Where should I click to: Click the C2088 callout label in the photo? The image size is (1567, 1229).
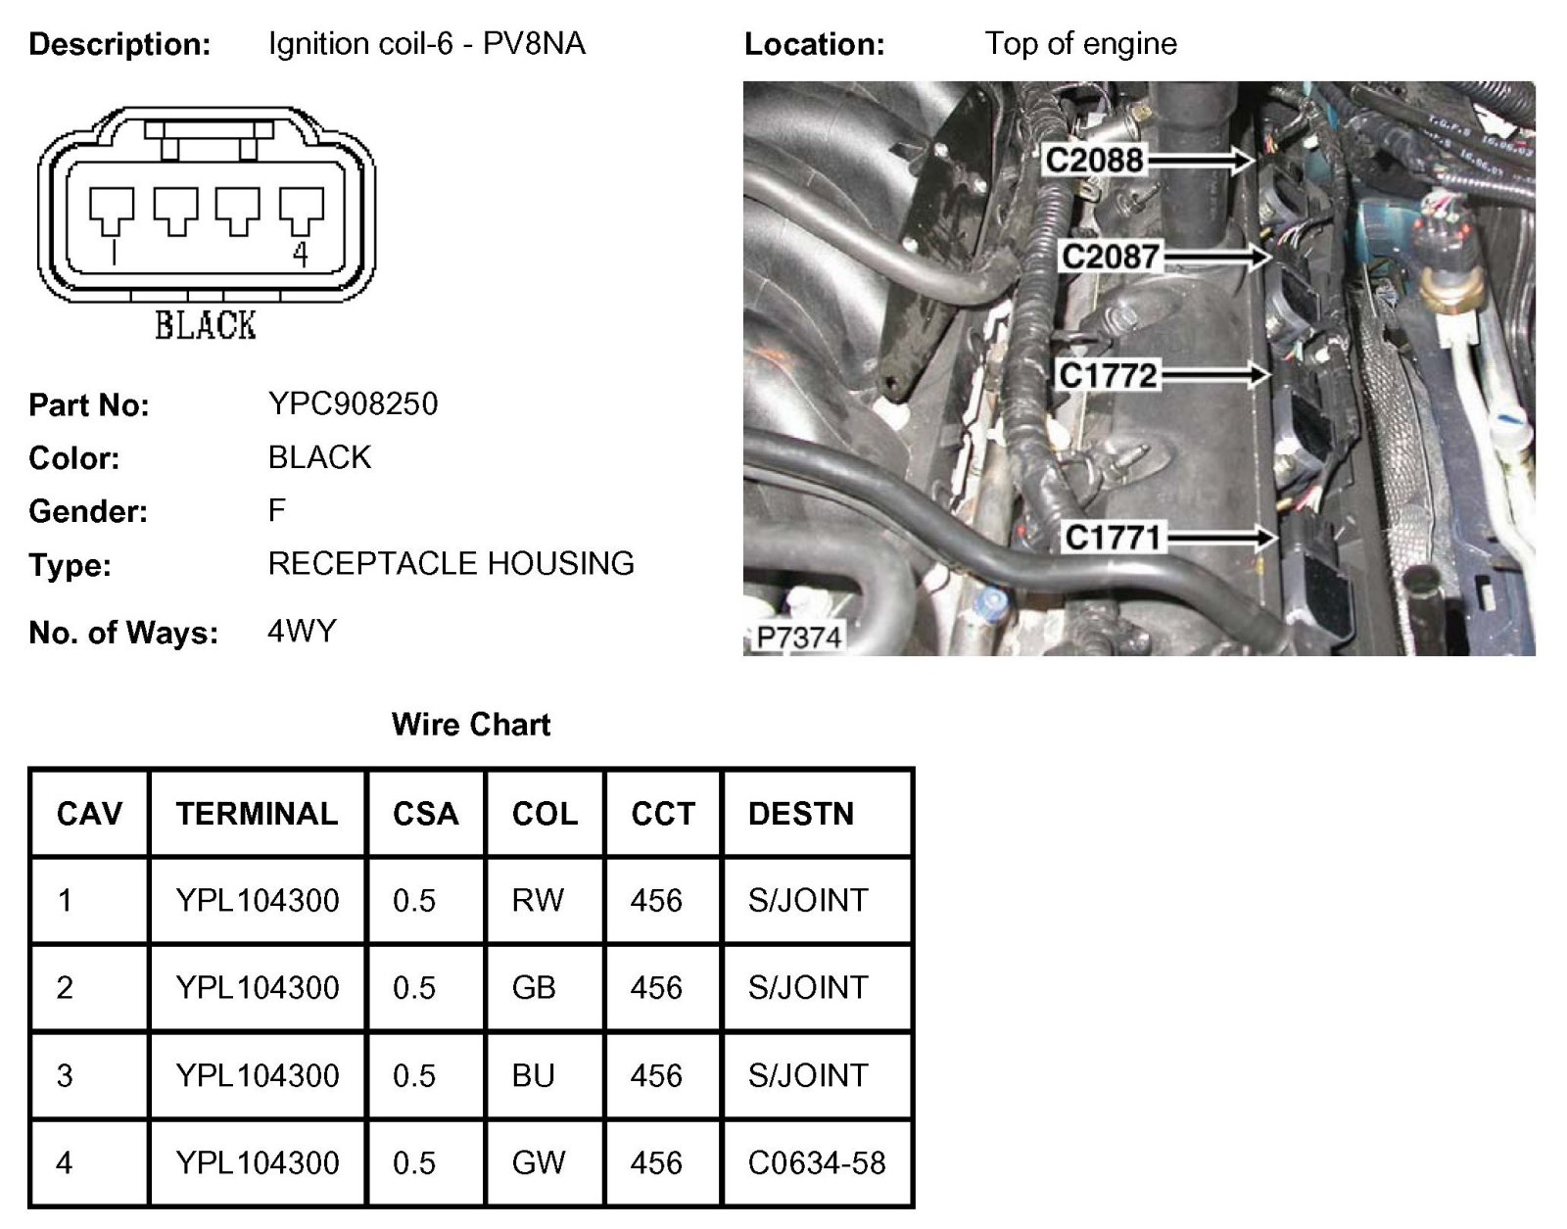click(1094, 160)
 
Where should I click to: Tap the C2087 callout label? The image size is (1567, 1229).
click(1111, 257)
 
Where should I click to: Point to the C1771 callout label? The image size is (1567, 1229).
click(1114, 538)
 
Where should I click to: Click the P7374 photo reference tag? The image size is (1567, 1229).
click(798, 638)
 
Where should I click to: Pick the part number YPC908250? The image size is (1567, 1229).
click(353, 403)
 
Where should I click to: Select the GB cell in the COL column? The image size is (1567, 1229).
click(534, 987)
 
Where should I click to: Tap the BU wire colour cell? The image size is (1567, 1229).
click(534, 1075)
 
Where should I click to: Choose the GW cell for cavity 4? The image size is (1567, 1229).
click(539, 1162)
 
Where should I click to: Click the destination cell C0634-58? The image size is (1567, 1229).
click(817, 1162)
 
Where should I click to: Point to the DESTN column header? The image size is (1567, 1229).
click(801, 814)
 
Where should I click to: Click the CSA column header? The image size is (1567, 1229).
click(425, 814)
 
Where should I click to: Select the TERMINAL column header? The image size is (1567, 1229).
click(257, 814)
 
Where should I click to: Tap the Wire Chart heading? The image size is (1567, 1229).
click(471, 725)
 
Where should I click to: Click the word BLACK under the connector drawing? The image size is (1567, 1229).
click(206, 325)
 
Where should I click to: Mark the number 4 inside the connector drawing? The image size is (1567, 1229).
click(301, 255)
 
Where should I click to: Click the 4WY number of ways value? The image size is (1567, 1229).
click(302, 631)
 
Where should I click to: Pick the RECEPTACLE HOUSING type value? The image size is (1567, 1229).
click(451, 563)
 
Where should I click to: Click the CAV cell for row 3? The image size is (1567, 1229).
click(65, 1075)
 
